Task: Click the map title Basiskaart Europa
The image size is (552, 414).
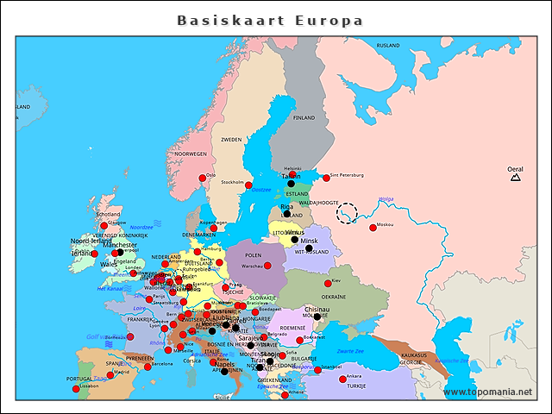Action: (x=270, y=20)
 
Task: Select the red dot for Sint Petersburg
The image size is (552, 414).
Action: (x=326, y=179)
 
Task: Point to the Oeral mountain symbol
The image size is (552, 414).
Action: (x=515, y=179)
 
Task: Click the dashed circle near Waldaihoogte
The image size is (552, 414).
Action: (x=347, y=213)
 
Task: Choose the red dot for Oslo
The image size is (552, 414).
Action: (x=203, y=179)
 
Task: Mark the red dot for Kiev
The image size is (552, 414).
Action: (x=328, y=283)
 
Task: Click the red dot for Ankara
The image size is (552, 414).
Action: (x=342, y=379)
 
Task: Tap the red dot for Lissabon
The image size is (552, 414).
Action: (x=76, y=389)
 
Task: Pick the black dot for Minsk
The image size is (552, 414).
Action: (x=309, y=248)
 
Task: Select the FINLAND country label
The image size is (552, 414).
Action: (x=304, y=117)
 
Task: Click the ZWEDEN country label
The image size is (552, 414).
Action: (x=231, y=139)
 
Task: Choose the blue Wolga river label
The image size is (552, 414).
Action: (x=386, y=199)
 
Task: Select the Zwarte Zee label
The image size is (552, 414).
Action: (x=350, y=352)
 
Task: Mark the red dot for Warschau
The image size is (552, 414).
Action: (x=267, y=265)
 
